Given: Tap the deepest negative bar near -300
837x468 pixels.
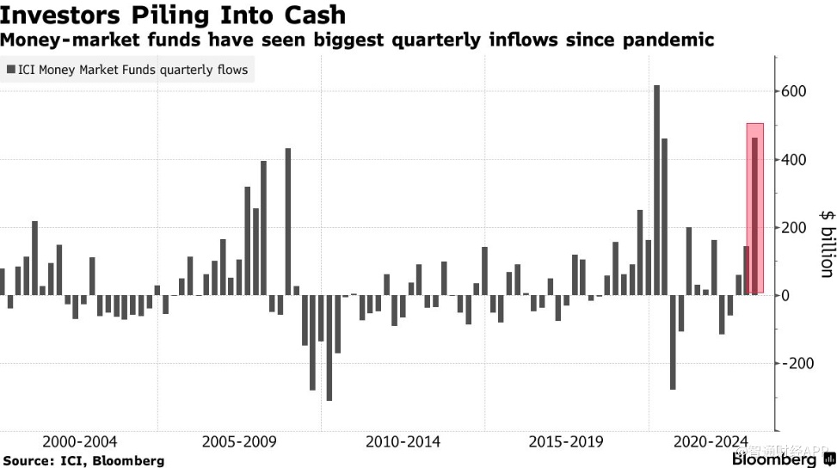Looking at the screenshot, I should pyautogui.click(x=329, y=348).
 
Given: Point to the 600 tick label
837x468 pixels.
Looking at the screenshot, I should pyautogui.click(x=793, y=92).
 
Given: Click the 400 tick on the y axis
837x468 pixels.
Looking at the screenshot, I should pyautogui.click(x=793, y=160).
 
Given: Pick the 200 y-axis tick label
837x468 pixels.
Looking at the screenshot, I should pyautogui.click(x=793, y=228).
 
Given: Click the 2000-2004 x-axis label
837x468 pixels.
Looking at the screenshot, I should pyautogui.click(x=79, y=441).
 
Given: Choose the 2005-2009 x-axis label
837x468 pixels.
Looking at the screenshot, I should pyautogui.click(x=239, y=441).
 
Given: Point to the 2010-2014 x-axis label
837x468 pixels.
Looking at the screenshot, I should pyautogui.click(x=403, y=441).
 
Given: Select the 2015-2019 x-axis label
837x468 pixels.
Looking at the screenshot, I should pyautogui.click(x=565, y=441).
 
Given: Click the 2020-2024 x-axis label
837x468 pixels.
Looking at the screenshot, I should pyautogui.click(x=711, y=441).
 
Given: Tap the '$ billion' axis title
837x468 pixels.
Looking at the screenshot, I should pyautogui.click(x=826, y=243).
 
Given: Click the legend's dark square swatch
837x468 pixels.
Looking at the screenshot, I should pyautogui.click(x=10, y=70).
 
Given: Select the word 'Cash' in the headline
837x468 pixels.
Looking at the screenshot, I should pyautogui.click(x=313, y=15).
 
